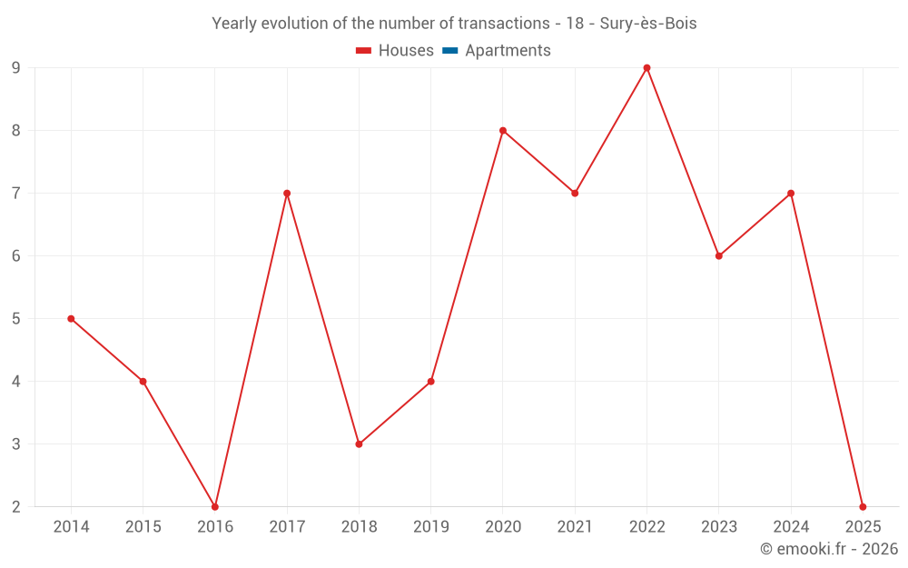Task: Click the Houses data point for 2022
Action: click(646, 67)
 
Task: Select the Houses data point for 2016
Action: click(215, 507)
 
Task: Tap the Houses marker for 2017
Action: click(287, 193)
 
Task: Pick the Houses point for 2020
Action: click(503, 130)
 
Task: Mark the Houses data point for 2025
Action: click(863, 507)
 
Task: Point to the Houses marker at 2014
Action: click(71, 318)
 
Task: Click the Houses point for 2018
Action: click(359, 444)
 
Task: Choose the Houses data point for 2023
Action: click(719, 255)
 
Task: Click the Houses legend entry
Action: click(395, 51)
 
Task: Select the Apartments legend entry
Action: click(497, 51)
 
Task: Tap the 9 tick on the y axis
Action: click(16, 67)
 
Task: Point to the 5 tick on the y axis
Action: click(16, 318)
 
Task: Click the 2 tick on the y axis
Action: click(16, 507)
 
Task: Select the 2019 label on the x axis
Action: click(430, 527)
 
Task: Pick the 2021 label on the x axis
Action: click(575, 527)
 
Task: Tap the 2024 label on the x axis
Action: click(791, 527)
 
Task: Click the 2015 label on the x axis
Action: click(143, 527)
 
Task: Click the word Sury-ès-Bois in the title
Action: click(648, 24)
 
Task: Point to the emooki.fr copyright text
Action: click(829, 549)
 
